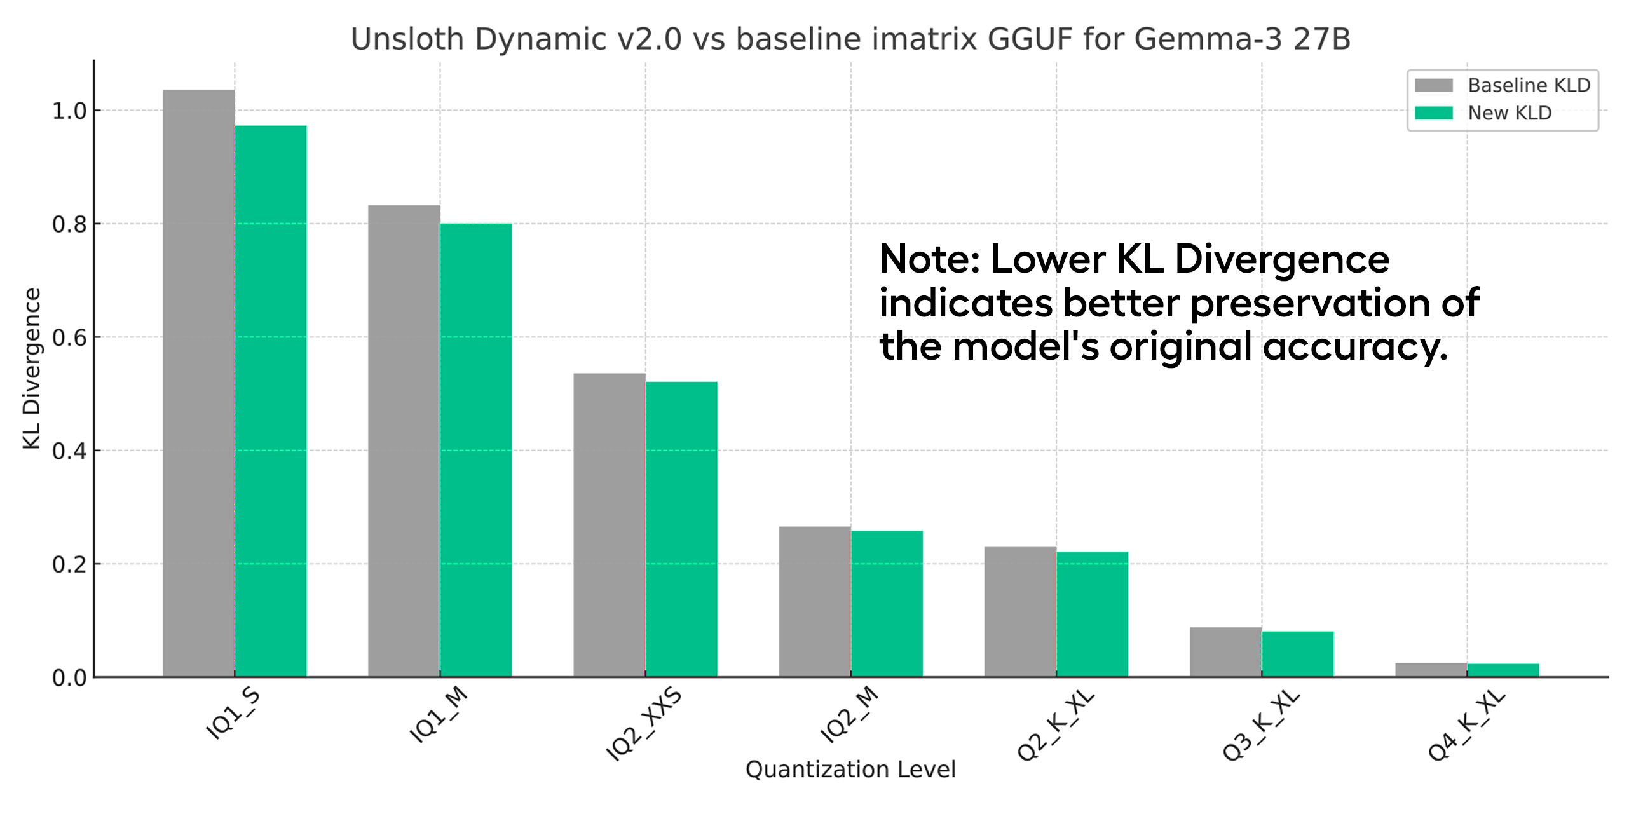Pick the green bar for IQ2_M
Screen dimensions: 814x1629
(x=887, y=604)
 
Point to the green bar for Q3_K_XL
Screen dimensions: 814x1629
(x=1297, y=654)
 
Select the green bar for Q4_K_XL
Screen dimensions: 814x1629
(x=1503, y=670)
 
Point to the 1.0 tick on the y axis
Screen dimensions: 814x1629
(x=69, y=111)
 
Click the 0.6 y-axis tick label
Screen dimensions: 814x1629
(x=69, y=338)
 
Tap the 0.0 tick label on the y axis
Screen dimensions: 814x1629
(x=69, y=678)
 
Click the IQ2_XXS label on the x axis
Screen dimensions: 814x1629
(x=643, y=724)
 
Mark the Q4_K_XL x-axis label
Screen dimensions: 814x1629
(x=1466, y=725)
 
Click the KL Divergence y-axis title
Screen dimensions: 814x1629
(x=32, y=369)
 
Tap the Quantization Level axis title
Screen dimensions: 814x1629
(x=850, y=770)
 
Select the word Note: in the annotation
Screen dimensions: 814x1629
(x=929, y=259)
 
